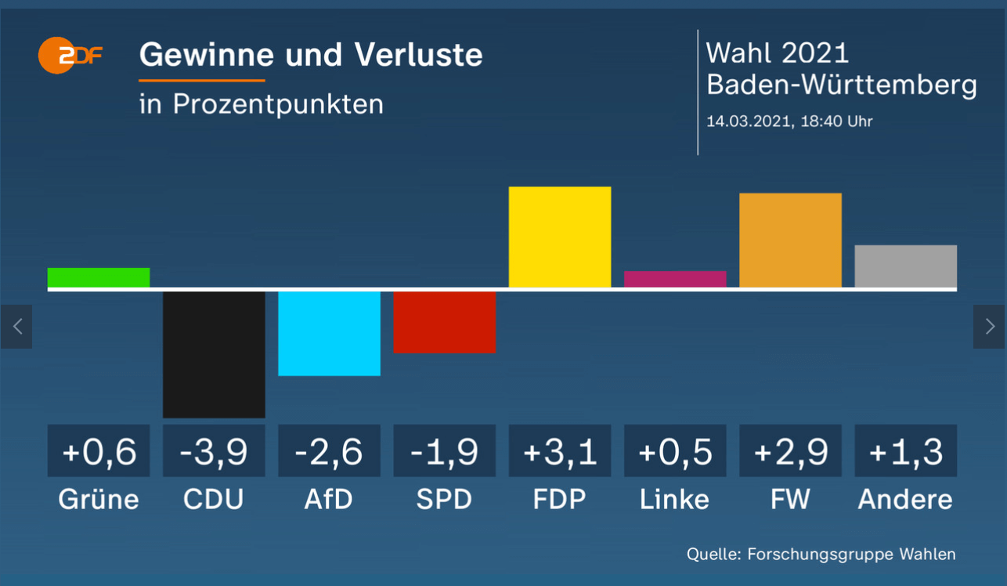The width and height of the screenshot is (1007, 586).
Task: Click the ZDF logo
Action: coord(70,56)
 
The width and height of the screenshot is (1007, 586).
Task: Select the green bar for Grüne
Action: coord(99,278)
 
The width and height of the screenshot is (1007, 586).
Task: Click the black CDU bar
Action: coord(214,354)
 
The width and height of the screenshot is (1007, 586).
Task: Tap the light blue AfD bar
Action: coord(329,333)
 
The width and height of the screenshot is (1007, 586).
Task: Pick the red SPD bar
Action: coord(444,322)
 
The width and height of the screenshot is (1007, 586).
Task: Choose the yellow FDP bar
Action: coord(560,237)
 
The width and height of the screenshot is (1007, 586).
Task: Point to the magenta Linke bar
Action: coord(675,279)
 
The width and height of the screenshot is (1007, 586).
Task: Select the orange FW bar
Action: coord(790,241)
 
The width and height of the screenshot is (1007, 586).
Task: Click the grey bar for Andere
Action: coord(905,266)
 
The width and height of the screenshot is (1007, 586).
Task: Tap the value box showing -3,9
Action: coord(214,451)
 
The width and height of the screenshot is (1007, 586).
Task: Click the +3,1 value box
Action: coord(560,451)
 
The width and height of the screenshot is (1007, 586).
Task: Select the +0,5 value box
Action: coord(675,451)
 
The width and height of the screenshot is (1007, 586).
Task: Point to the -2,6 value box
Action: coord(329,451)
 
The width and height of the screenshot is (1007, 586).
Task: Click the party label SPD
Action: coord(444,499)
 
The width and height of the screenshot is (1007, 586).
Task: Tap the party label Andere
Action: coord(905,499)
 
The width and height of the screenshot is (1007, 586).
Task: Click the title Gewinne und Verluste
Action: coord(311,55)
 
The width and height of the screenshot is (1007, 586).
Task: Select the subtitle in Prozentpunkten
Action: coord(262,103)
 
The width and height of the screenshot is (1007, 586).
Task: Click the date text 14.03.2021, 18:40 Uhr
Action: coord(789,121)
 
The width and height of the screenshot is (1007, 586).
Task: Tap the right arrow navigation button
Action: coord(990,327)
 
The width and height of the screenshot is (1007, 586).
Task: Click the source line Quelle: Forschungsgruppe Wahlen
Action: coord(821,554)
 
